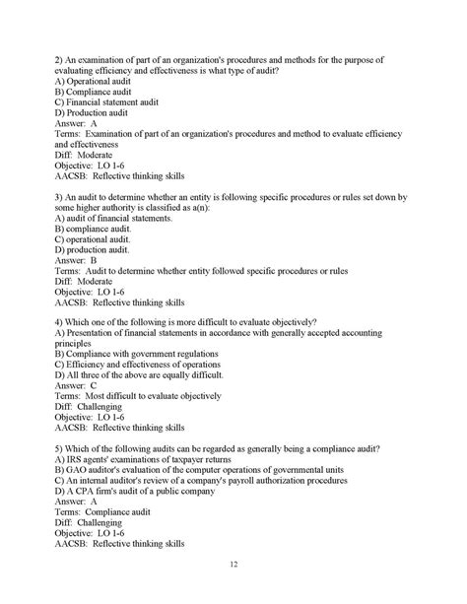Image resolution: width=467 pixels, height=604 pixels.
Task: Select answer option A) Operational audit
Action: click(x=95, y=81)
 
